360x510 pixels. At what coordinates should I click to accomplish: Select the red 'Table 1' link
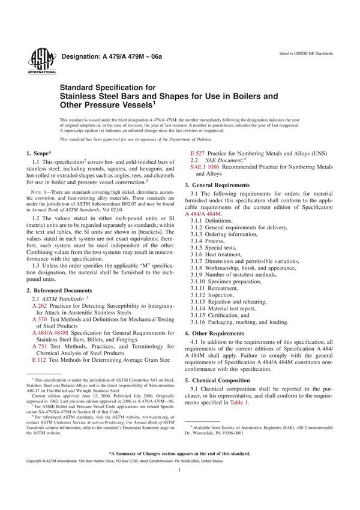click(238, 401)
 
